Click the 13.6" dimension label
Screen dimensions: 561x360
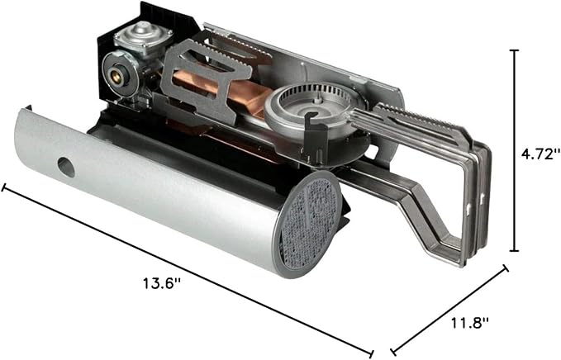coord(162,283)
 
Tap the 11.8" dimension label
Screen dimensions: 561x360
coord(469,323)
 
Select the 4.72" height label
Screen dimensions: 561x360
coord(540,154)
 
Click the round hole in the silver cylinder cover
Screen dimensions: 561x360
coord(66,167)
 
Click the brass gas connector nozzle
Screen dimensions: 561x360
coord(116,75)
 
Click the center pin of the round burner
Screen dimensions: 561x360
coord(318,99)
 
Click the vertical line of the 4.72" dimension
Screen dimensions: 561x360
coord(515,150)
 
